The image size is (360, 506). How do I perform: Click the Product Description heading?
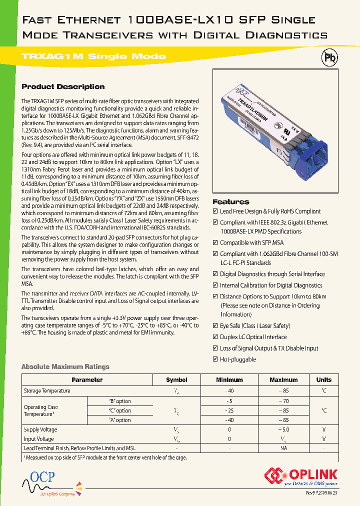(x=63, y=86)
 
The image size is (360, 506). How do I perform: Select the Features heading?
(x=231, y=201)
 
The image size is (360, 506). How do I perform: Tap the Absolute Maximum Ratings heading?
(x=65, y=366)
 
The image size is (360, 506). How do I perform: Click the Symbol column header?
(x=176, y=380)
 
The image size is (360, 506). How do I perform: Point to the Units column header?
(x=323, y=380)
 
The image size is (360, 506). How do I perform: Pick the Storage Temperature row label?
(x=47, y=390)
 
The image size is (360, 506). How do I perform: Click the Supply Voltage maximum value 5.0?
(x=283, y=429)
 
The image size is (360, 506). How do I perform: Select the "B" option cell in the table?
(x=119, y=401)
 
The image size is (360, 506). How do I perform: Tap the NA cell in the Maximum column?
(x=283, y=448)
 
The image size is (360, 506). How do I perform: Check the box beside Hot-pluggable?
(x=215, y=359)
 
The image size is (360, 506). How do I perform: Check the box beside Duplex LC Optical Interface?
(x=215, y=337)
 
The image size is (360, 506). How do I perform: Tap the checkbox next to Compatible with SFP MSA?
(x=215, y=243)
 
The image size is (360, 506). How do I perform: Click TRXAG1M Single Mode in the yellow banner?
(x=94, y=56)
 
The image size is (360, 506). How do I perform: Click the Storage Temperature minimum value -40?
(x=229, y=390)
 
